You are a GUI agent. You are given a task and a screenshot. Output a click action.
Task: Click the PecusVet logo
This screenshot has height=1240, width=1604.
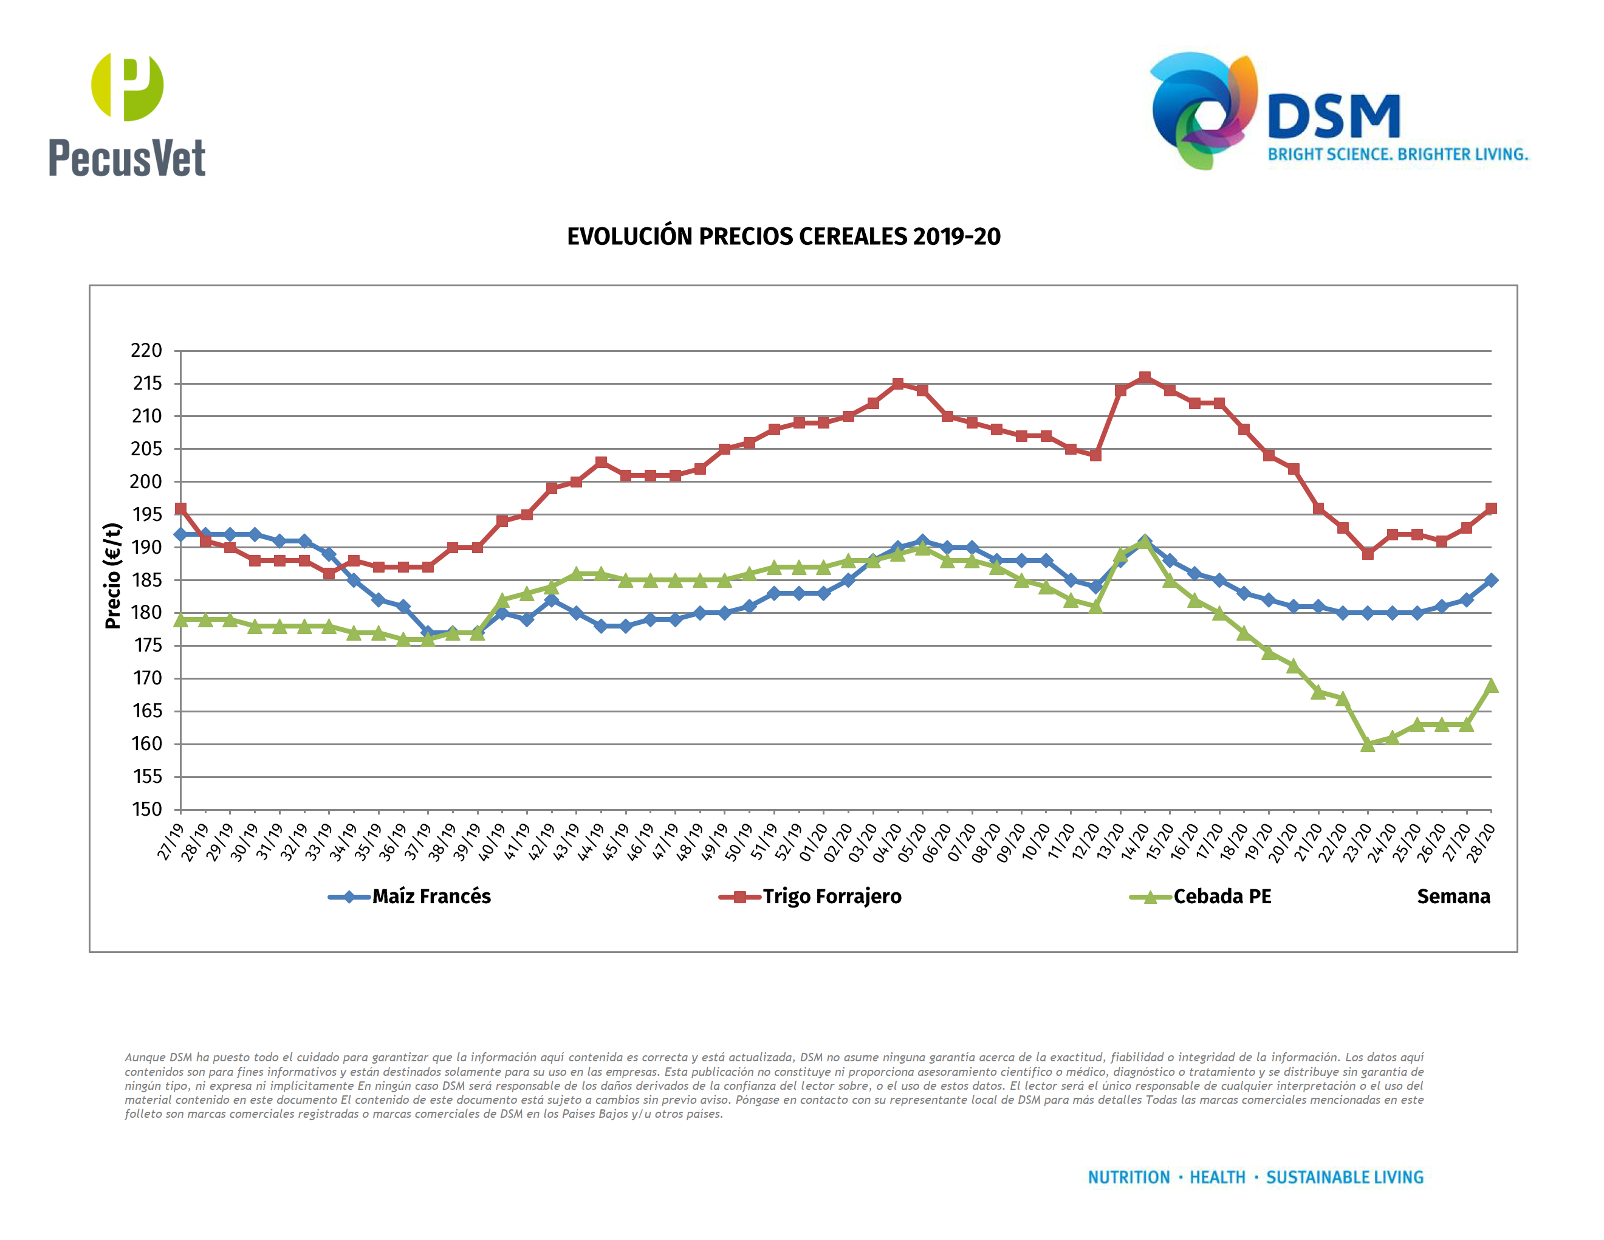point(127,115)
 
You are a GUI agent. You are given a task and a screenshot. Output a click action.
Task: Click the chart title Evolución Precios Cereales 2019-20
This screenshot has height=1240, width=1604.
point(783,236)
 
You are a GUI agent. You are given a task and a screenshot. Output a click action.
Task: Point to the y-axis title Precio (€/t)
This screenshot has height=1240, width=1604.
point(112,576)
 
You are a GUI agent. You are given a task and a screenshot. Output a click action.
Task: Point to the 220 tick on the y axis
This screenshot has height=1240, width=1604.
point(146,350)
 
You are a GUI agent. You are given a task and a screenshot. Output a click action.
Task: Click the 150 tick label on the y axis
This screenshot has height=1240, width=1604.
point(146,810)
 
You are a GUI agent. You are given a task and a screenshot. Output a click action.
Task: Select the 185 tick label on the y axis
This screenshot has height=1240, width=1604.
point(146,580)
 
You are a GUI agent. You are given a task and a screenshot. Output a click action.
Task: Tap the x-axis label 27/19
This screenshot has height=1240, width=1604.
point(170,841)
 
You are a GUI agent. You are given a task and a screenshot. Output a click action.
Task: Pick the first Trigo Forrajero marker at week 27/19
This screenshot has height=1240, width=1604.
point(180,508)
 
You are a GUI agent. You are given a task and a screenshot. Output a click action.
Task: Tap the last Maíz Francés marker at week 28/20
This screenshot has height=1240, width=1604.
point(1491,580)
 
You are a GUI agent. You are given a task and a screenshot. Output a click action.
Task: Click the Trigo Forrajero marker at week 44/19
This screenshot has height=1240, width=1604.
point(601,462)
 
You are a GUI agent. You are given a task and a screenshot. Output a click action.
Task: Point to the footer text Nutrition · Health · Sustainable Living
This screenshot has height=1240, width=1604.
point(1255,1177)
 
